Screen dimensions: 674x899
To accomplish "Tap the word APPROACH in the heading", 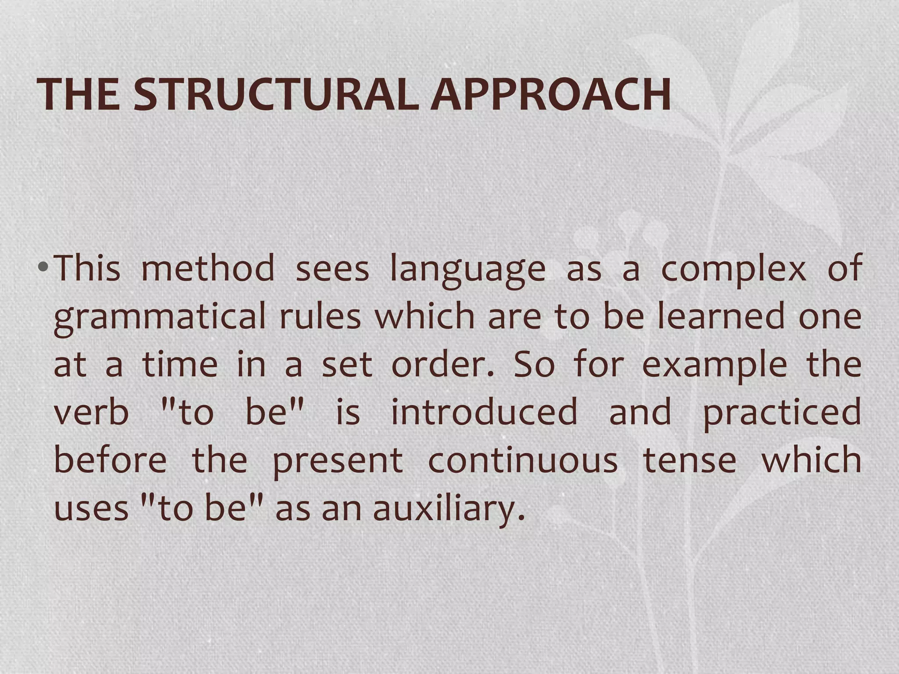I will tap(550, 95).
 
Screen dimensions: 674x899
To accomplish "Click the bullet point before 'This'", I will tap(42, 267).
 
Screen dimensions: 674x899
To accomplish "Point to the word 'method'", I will tap(208, 268).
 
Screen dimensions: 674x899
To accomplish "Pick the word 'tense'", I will tap(690, 461).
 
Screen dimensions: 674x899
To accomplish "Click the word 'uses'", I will tap(91, 509).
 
